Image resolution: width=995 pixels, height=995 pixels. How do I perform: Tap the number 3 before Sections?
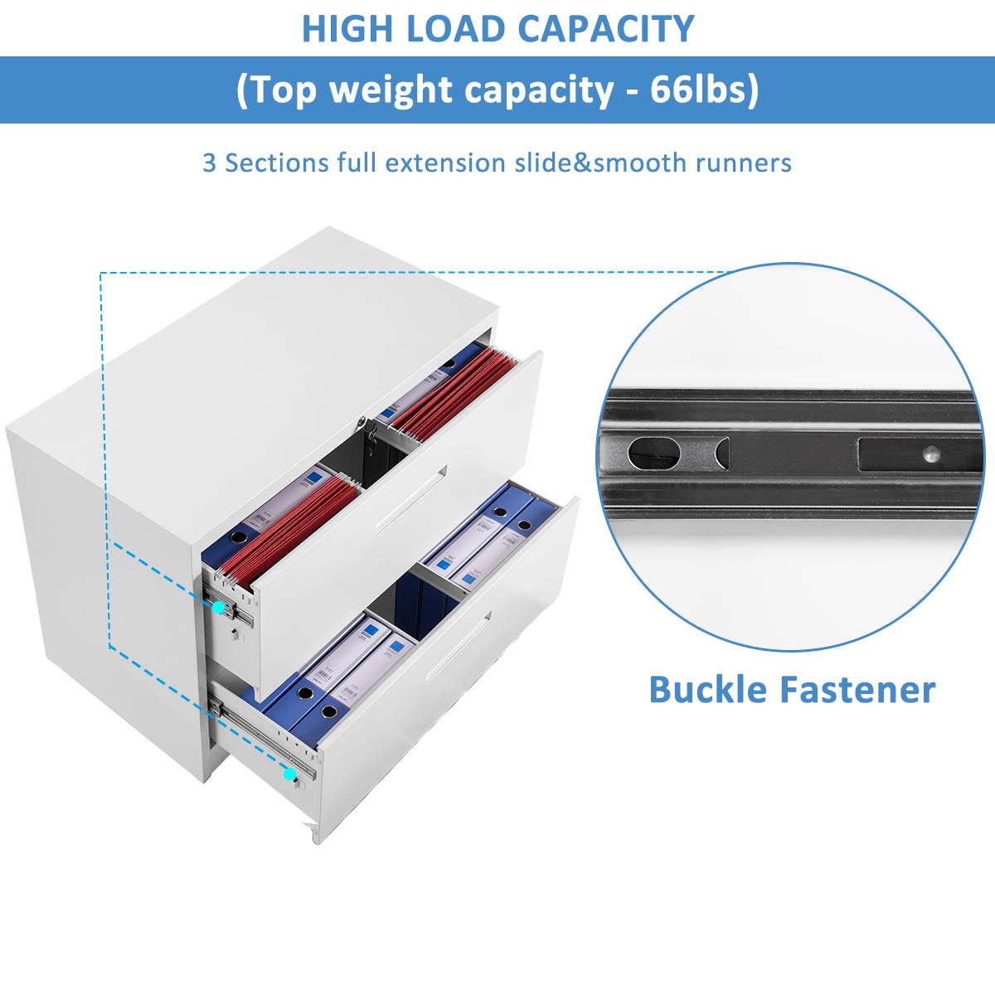(x=209, y=163)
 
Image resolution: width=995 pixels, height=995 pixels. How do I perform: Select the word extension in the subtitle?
(x=445, y=163)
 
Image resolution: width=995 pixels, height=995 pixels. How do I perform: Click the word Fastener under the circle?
(x=857, y=690)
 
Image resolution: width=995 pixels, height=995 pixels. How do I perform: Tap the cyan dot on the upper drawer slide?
(x=219, y=607)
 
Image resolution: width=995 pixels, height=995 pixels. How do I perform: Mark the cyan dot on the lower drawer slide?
(x=290, y=774)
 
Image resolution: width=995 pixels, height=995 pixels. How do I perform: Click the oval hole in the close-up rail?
(x=653, y=453)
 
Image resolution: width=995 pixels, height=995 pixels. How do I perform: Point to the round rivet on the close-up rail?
(x=931, y=454)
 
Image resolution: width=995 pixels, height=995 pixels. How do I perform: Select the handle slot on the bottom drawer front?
(x=456, y=649)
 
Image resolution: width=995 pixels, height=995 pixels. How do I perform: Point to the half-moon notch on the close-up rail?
(x=722, y=453)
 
